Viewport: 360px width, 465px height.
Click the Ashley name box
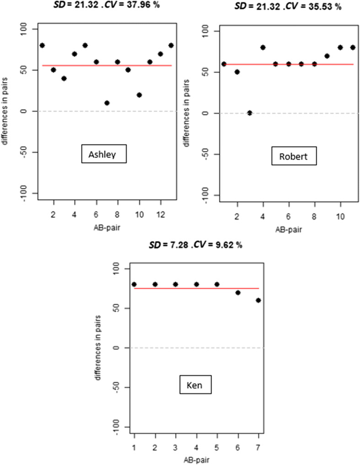coord(103,154)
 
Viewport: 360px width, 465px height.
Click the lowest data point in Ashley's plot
coord(107,103)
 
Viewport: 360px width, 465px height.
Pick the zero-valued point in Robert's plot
coord(250,113)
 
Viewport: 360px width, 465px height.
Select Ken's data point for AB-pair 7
coord(258,300)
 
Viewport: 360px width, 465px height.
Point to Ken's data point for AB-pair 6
coord(238,292)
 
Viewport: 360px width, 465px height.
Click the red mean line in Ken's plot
coord(197,288)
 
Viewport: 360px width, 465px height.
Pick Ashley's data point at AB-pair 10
coord(139,95)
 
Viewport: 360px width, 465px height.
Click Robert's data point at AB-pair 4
coord(263,47)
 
